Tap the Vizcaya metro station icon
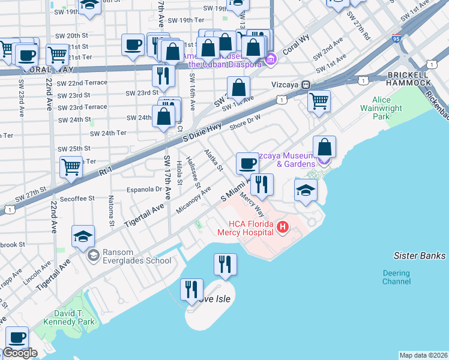coord(306,86)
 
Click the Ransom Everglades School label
coord(137,256)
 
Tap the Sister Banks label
coord(419,256)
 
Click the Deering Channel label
coord(396,277)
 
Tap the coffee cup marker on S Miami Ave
coord(247,163)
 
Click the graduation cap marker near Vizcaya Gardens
coord(306,190)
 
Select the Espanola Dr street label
coord(143,189)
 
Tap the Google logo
coord(20,353)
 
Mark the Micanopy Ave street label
coord(193,201)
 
